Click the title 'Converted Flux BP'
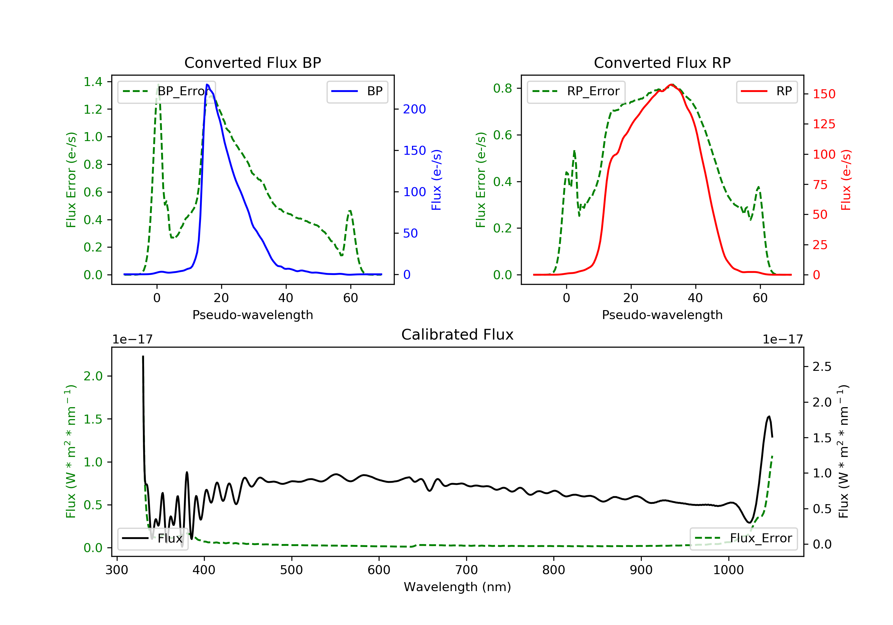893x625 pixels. (x=252, y=62)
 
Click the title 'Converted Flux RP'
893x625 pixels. (x=662, y=62)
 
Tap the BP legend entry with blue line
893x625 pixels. (x=357, y=91)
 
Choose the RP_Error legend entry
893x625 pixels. (x=576, y=91)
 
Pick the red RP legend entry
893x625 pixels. (x=766, y=91)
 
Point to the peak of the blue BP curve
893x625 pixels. (x=207, y=85)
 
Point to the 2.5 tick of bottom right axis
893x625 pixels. (x=822, y=367)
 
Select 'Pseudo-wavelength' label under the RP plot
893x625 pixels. (x=662, y=315)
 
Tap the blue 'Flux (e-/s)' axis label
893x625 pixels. (x=436, y=180)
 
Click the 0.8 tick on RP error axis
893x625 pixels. (x=502, y=88)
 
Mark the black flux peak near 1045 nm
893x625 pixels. (x=769, y=417)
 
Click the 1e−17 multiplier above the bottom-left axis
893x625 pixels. (x=132, y=339)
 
